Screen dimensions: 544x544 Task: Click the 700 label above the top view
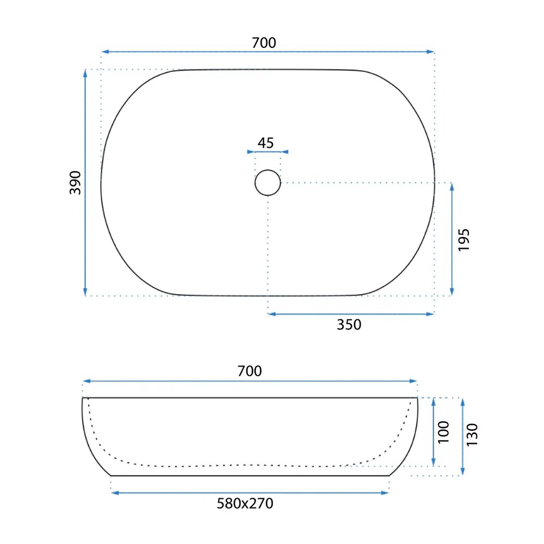tap(264, 42)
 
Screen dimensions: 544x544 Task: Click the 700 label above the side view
tap(250, 371)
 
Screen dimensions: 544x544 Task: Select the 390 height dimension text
tap(75, 182)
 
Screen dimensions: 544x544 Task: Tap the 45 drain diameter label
tap(266, 143)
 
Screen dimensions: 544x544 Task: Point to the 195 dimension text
tap(463, 240)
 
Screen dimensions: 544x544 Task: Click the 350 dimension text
tap(349, 325)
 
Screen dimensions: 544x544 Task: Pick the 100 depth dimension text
tap(443, 432)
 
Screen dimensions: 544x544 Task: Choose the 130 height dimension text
tap(472, 435)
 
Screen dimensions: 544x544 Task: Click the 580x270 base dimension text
tap(245, 503)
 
